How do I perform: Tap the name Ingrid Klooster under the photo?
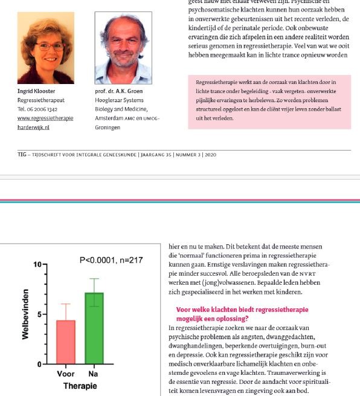click(x=36, y=91)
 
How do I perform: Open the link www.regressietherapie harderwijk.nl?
click(x=45, y=123)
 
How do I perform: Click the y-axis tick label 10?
click(x=37, y=265)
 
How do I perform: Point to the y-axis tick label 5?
click(x=39, y=314)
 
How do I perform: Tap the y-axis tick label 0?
click(x=39, y=364)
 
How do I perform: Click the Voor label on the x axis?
click(x=65, y=374)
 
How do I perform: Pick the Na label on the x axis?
click(x=93, y=374)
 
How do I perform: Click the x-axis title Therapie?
click(x=80, y=386)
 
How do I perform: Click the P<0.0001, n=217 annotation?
click(x=111, y=260)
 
